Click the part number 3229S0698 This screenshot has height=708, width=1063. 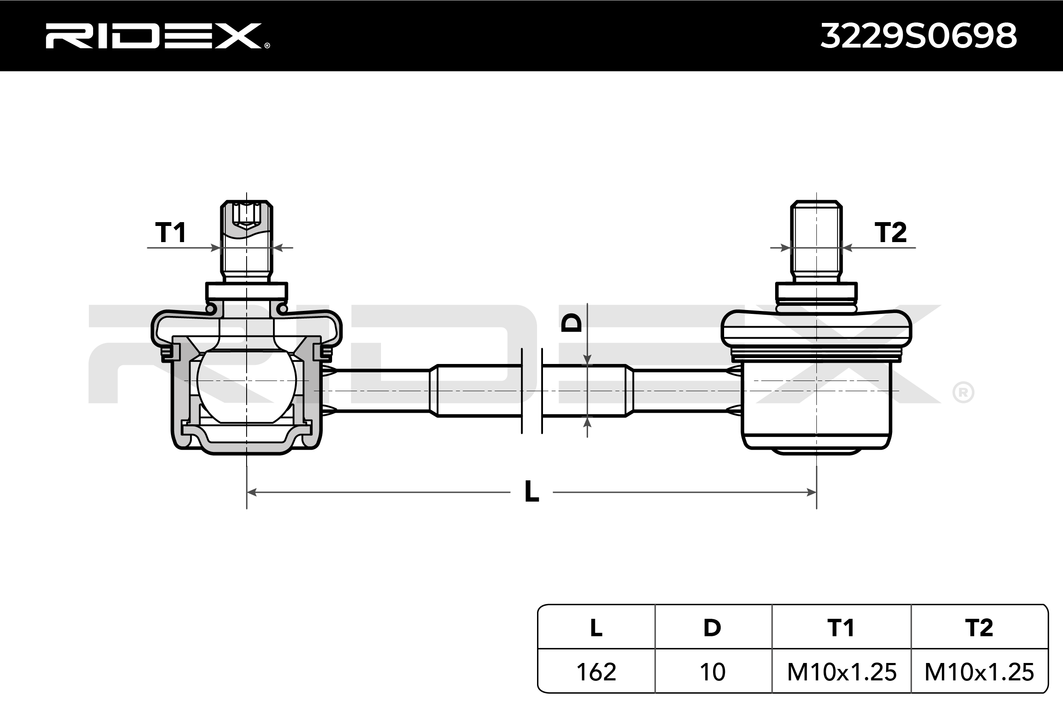click(x=918, y=36)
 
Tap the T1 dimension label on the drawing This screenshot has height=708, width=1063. click(x=171, y=233)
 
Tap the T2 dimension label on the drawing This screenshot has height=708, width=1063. click(x=890, y=233)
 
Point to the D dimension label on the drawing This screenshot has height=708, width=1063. click(x=572, y=323)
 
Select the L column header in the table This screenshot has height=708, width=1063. click(x=596, y=628)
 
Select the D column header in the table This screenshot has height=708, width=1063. click(x=712, y=628)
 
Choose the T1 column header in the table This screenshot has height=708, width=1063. click(x=841, y=628)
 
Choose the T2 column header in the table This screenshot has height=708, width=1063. click(x=979, y=628)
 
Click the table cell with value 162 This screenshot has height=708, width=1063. click(x=596, y=672)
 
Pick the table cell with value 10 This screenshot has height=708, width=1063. click(x=712, y=672)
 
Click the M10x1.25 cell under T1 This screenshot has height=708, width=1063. click(x=841, y=672)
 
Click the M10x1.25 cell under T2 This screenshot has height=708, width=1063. click(x=979, y=672)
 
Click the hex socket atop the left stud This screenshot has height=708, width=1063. click(x=246, y=214)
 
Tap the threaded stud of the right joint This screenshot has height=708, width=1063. click(x=816, y=239)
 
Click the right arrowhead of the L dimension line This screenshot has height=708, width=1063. click(x=811, y=492)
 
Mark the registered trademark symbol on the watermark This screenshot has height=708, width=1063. click(x=963, y=393)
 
